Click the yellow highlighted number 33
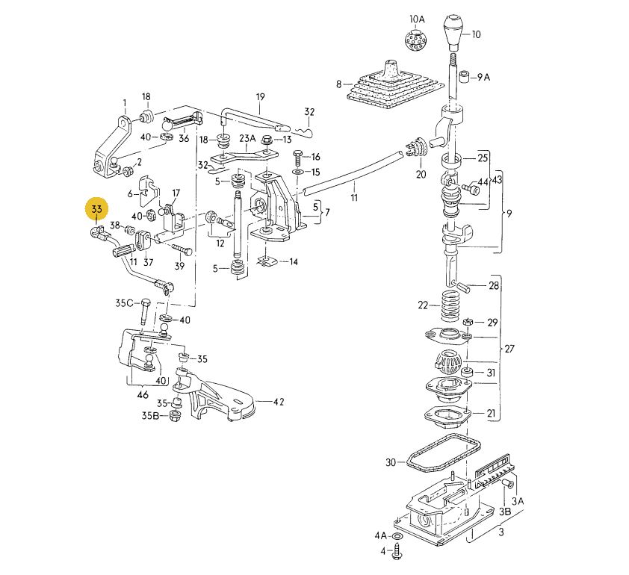click(97, 211)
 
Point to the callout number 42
click(278, 402)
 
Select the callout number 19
click(261, 97)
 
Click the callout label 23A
click(247, 139)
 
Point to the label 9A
click(483, 77)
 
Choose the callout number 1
click(126, 102)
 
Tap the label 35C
click(124, 303)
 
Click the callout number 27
click(510, 349)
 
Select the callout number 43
click(498, 181)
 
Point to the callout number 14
click(293, 262)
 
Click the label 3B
click(505, 512)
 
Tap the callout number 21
click(491, 414)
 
